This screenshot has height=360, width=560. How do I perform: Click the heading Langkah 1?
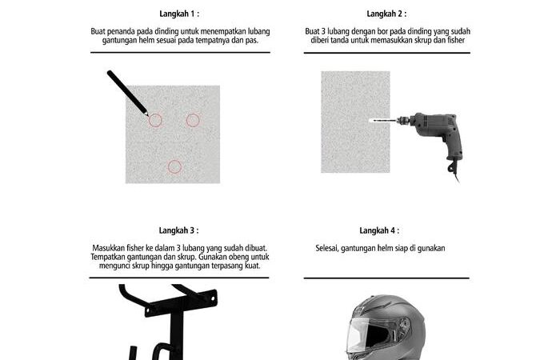(179, 14)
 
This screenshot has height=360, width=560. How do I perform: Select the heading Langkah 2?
(386, 14)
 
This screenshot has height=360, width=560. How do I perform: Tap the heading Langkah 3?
(178, 230)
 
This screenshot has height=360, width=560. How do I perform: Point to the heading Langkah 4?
(379, 230)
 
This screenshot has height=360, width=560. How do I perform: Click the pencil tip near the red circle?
(147, 115)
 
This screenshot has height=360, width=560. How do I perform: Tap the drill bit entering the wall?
(383, 121)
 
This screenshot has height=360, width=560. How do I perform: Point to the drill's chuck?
(403, 121)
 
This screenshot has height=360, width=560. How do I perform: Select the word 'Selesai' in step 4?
(326, 248)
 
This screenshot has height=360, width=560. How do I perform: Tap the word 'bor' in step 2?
(382, 31)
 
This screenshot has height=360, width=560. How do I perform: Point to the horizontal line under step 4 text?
(386, 278)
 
